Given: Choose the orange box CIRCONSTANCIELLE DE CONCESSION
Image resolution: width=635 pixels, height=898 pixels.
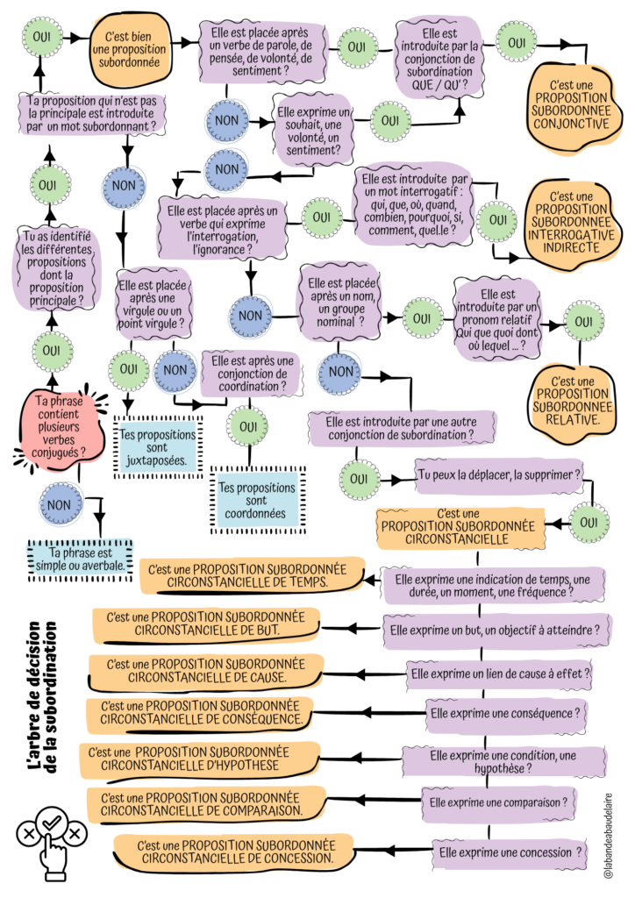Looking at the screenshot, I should [235, 852].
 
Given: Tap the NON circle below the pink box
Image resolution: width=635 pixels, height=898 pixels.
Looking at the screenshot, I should [59, 504].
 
